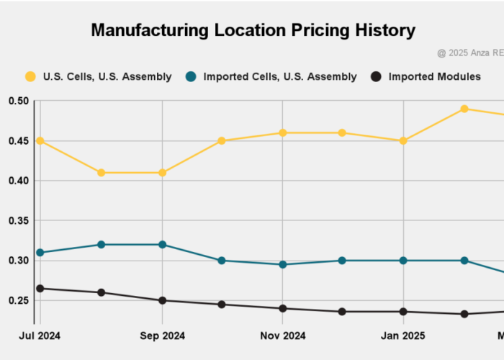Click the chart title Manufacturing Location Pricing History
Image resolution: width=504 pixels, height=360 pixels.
coord(253,30)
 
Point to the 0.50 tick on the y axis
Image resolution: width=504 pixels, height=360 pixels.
coord(19,101)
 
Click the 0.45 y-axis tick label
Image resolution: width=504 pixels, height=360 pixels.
coord(19,141)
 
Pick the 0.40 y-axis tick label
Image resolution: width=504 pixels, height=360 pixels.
coord(19,181)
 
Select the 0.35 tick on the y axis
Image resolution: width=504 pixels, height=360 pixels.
coord(19,221)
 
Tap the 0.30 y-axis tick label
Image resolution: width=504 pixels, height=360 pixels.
coord(19,261)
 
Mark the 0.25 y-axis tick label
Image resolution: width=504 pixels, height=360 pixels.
coord(19,300)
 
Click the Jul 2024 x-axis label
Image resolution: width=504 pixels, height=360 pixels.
coord(40,335)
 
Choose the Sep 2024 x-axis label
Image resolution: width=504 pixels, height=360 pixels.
coord(163,335)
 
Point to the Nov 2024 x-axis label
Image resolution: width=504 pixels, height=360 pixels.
coord(283,335)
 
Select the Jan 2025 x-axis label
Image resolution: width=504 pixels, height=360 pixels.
coord(403,335)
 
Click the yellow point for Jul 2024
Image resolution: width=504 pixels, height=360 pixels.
coord(40,141)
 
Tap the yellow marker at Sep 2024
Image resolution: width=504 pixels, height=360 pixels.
coord(163,173)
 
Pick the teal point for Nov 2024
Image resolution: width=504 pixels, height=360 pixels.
coord(283,264)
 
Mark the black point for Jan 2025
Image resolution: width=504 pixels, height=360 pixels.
coord(403,312)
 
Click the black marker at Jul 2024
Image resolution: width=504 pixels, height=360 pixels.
coord(40,289)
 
